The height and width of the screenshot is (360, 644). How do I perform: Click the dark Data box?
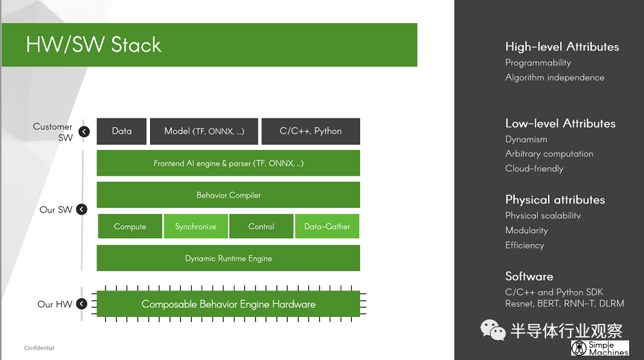[x=122, y=131]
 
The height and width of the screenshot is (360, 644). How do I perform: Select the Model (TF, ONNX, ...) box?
[x=204, y=131]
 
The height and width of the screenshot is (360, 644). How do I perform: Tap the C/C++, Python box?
[x=310, y=131]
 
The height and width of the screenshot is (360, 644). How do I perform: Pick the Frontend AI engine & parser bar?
[x=229, y=163]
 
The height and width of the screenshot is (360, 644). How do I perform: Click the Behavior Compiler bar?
[x=229, y=195]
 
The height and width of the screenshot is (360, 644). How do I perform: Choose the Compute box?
[x=130, y=226]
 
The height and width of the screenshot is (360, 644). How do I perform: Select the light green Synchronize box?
[x=196, y=226]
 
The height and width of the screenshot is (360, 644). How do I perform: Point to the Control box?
[x=261, y=226]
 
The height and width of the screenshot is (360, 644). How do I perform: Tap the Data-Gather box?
[x=327, y=226]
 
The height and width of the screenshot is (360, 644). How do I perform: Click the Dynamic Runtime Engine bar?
[x=229, y=258]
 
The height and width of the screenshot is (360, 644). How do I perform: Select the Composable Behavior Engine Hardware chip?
[x=229, y=304]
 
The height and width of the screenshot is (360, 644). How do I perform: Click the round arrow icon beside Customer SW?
[x=84, y=131]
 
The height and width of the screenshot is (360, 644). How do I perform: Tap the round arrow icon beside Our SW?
[x=82, y=209]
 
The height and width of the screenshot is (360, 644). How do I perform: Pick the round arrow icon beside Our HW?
[x=82, y=304]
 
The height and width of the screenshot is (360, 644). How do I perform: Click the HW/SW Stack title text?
[x=93, y=44]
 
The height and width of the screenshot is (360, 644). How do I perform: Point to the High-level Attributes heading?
[x=562, y=47]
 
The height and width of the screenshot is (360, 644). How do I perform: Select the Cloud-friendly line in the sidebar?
[x=535, y=169]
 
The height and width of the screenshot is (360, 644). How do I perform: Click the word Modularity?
[x=527, y=231]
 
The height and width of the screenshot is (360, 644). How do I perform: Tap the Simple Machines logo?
[x=600, y=348]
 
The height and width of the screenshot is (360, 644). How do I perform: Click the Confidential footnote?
[x=39, y=348]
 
